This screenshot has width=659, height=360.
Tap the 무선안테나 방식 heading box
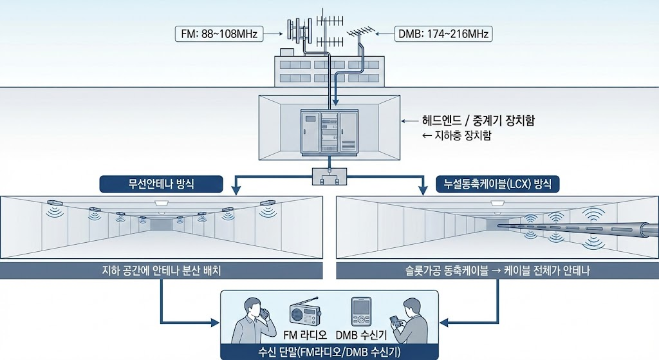(162, 185)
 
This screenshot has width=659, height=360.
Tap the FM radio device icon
(305, 312)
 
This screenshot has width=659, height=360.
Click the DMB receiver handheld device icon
(360, 312)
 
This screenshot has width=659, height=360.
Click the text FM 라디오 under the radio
(305, 335)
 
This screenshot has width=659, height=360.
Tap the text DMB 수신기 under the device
(360, 335)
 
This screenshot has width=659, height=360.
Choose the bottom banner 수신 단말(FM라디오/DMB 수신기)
(329, 351)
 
